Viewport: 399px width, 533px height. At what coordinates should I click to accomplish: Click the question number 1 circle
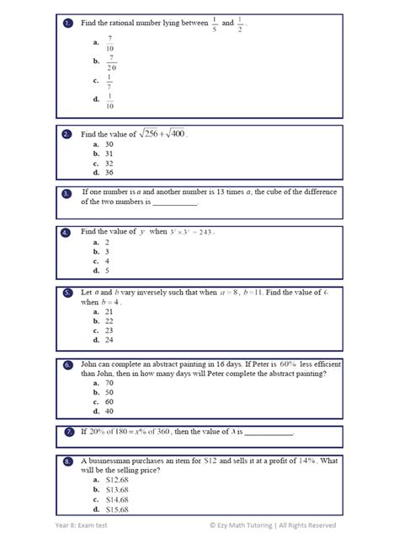click(67, 24)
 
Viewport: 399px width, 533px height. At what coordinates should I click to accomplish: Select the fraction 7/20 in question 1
click(110, 62)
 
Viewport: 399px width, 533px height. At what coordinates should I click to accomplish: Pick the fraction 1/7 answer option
click(109, 82)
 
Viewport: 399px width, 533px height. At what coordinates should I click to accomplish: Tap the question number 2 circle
click(67, 134)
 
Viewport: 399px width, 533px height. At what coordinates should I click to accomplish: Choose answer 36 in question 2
click(109, 172)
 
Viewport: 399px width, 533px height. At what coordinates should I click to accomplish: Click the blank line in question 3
click(174, 203)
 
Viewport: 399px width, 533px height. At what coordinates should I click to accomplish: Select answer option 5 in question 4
click(107, 270)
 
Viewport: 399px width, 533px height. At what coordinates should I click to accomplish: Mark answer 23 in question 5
click(109, 330)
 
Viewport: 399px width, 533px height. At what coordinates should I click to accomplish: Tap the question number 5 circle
click(67, 292)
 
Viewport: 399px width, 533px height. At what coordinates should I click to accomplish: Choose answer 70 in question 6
click(109, 382)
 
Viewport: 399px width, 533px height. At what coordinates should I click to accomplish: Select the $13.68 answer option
click(116, 489)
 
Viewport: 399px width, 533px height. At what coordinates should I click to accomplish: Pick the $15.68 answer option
click(116, 509)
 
